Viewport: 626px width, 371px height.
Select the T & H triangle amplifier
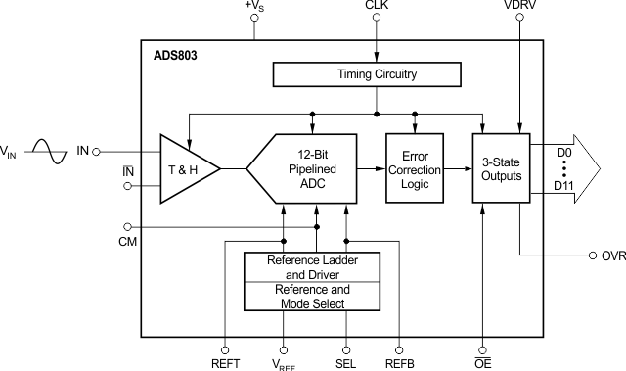185,168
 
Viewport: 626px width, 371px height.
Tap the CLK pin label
377,7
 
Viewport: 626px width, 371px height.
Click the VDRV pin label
519,7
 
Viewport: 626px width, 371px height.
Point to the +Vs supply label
254,7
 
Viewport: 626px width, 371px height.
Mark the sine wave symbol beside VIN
48,151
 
